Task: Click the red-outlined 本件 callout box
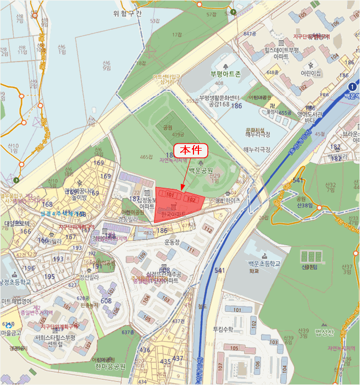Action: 190,150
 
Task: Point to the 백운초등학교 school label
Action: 261,264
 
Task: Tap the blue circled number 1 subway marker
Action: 352,86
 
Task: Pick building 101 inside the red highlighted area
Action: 170,195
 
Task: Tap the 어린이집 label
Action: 311,73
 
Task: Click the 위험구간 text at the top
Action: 127,14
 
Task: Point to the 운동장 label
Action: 171,241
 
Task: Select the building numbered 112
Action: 208,229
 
